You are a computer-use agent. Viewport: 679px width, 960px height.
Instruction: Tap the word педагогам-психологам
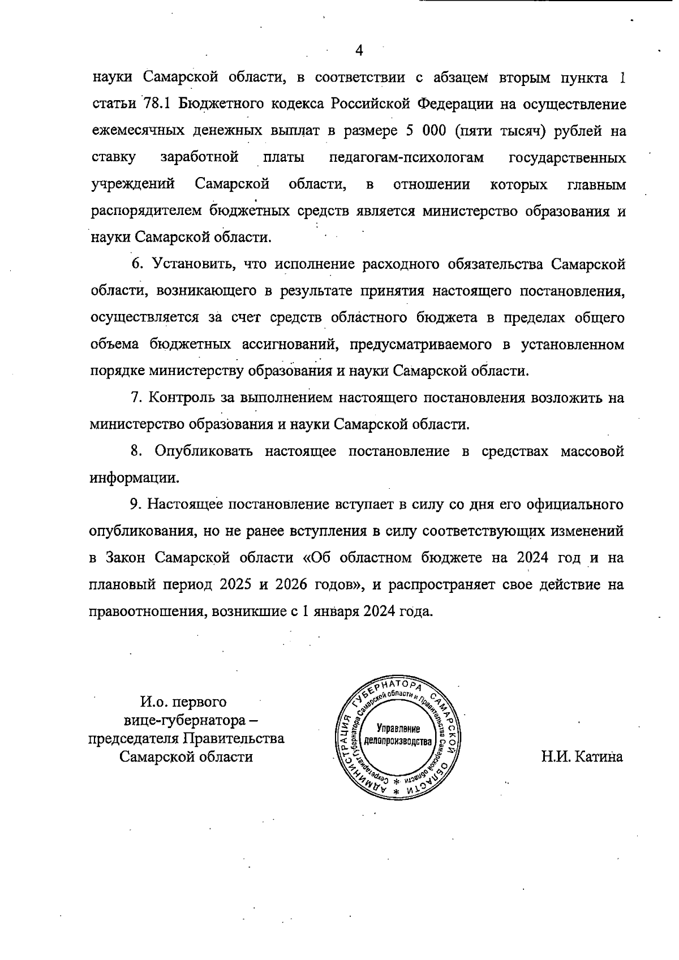click(x=406, y=157)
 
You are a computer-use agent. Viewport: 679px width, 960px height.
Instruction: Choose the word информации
click(x=134, y=478)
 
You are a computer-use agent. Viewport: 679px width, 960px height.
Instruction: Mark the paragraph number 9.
click(x=135, y=503)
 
